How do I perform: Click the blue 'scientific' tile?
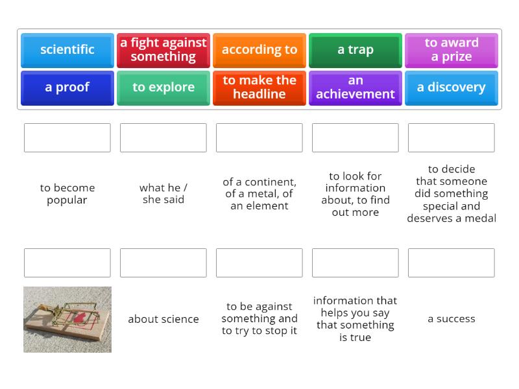(67, 51)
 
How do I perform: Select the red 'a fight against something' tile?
(163, 51)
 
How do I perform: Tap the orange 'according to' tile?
(259, 51)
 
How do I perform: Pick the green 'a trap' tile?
(355, 51)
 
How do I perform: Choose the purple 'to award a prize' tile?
(451, 51)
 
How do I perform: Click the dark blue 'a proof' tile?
(67, 88)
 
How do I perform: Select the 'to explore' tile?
(163, 88)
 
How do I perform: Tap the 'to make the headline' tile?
(259, 88)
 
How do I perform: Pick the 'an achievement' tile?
(355, 88)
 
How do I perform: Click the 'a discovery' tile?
(451, 88)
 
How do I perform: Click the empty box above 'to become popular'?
(67, 137)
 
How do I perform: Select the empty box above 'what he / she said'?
(163, 137)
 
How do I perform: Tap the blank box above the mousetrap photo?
(67, 263)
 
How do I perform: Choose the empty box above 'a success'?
(451, 263)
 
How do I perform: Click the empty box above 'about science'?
(163, 263)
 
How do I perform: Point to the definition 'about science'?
(163, 319)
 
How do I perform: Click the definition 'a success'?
(451, 318)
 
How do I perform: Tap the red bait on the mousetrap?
(79, 318)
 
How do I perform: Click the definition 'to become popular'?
(67, 194)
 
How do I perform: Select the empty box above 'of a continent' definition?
(259, 137)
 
